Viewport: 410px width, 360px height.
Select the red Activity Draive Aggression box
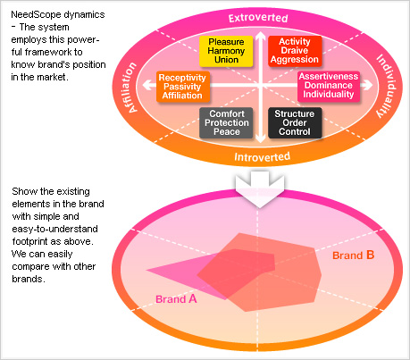tap(294, 52)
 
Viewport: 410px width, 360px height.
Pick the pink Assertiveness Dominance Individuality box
tap(330, 87)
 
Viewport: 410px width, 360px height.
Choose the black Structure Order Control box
tap(294, 122)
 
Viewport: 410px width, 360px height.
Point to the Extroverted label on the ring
tap(258, 18)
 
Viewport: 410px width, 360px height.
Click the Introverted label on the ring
tap(258, 156)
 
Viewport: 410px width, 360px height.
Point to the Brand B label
tap(353, 255)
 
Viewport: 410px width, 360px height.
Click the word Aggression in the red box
tap(294, 61)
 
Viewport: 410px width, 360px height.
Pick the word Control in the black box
tap(294, 131)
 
